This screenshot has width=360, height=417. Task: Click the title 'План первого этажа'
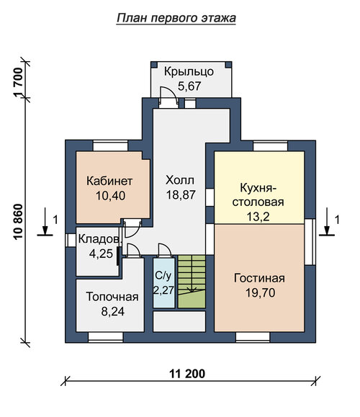point(176,18)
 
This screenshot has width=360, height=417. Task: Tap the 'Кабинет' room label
point(109,181)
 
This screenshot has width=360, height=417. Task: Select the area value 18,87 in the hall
point(181,194)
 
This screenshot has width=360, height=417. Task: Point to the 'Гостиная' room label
point(259,279)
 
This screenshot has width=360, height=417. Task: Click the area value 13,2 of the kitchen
point(258,217)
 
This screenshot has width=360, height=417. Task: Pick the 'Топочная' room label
point(112,297)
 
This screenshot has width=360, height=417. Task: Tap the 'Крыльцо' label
point(189,72)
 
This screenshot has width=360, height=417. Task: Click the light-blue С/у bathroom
point(164,283)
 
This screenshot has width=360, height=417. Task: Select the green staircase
point(192,282)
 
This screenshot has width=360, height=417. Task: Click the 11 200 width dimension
point(187,374)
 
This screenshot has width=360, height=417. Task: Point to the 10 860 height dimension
point(18,222)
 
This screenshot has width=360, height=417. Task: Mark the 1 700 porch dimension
point(18,83)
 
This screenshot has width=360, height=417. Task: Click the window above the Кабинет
point(110,146)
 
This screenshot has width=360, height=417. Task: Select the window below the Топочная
point(106,337)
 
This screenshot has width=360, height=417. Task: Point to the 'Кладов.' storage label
point(100,239)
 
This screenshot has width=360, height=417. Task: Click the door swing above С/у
point(165,250)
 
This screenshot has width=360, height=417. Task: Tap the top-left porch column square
point(154,65)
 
